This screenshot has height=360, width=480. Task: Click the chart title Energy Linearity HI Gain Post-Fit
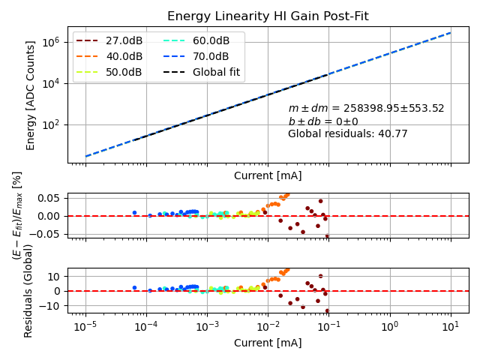(x=268, y=16)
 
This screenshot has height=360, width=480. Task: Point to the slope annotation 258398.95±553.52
(x=366, y=109)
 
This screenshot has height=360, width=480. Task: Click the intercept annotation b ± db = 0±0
(x=323, y=121)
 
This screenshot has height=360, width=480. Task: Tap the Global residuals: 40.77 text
(x=348, y=134)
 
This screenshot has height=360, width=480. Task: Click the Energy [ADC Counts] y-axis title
(x=31, y=95)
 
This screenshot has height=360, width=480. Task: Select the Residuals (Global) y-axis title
(x=28, y=290)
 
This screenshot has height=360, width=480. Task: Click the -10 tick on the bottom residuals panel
(x=50, y=306)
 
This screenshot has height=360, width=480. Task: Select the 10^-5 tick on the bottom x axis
(x=85, y=328)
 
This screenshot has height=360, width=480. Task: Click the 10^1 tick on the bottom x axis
(x=451, y=328)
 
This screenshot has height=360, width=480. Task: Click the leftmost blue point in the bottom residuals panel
(x=134, y=287)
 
